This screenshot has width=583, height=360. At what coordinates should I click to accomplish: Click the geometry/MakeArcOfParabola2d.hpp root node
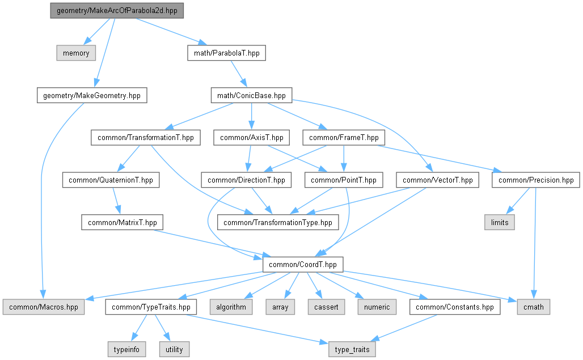[116, 11]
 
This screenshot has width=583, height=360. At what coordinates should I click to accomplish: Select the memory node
[76, 53]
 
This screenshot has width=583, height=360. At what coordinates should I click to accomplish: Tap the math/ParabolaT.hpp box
[226, 53]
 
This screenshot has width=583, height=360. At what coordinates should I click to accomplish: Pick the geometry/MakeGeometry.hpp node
[91, 95]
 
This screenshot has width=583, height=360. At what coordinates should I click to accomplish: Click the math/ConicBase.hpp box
[251, 95]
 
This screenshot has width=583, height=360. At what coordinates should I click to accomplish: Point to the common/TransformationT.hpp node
[145, 137]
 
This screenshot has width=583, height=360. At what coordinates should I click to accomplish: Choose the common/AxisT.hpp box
[252, 137]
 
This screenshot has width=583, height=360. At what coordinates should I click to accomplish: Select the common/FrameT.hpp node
[344, 137]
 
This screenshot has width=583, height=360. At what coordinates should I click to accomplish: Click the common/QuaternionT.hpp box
[110, 180]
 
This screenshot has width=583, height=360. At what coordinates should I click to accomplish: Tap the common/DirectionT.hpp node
[246, 180]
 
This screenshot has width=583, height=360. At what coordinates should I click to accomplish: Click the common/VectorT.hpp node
[437, 180]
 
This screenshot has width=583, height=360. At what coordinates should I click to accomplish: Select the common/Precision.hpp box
[536, 180]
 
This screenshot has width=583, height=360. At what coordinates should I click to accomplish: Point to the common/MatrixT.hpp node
[122, 222]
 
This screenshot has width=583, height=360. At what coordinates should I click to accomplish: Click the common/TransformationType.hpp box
[278, 222]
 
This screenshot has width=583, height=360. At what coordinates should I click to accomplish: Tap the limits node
[500, 222]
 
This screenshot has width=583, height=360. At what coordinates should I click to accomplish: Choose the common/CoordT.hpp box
[302, 264]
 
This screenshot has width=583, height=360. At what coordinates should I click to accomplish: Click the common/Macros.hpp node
[43, 307]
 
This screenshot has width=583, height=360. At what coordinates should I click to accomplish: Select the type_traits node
[352, 349]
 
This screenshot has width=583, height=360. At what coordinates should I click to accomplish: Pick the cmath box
[534, 307]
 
